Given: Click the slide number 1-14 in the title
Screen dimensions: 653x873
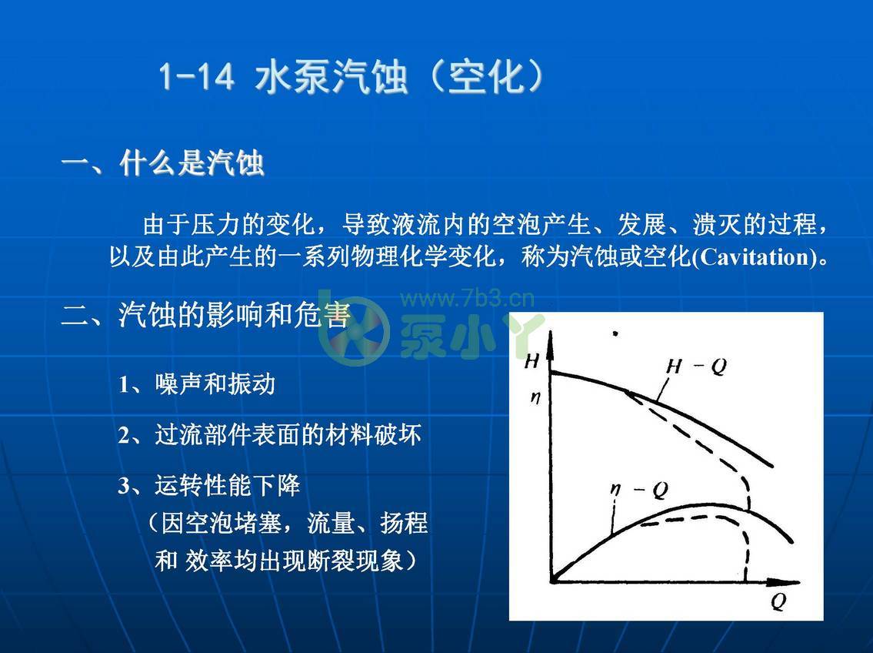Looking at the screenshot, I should (197, 79).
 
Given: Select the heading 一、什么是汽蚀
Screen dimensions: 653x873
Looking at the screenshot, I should (162, 164).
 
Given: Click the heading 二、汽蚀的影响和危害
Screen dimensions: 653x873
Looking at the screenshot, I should (205, 316).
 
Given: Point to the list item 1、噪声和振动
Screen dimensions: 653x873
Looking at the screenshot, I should (196, 384).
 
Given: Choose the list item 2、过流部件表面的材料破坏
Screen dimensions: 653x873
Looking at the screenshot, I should (269, 435).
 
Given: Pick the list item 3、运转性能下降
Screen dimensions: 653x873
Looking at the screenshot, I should (208, 486).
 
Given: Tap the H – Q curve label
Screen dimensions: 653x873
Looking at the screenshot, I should (695, 367).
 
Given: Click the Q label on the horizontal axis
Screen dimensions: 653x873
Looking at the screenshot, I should (778, 602).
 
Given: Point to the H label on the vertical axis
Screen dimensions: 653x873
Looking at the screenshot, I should (531, 360).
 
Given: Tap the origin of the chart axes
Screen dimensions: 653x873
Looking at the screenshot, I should (552, 580).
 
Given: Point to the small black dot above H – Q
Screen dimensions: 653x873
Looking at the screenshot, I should (614, 333).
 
